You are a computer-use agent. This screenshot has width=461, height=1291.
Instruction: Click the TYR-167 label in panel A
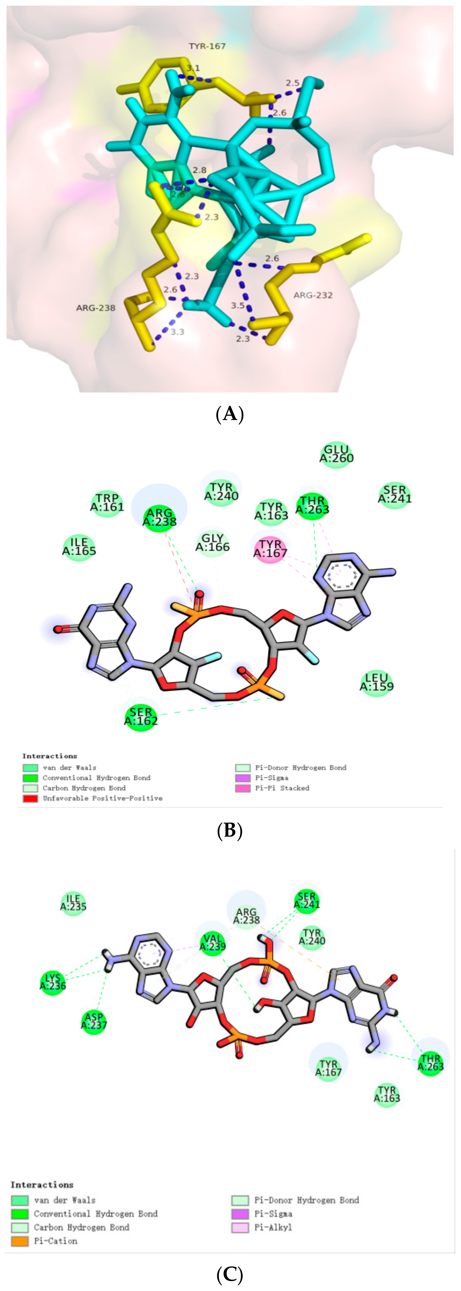pos(207,46)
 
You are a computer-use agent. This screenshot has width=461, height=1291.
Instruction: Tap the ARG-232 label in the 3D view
pos(313,295)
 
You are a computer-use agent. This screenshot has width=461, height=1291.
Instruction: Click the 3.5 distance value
pos(238,305)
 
